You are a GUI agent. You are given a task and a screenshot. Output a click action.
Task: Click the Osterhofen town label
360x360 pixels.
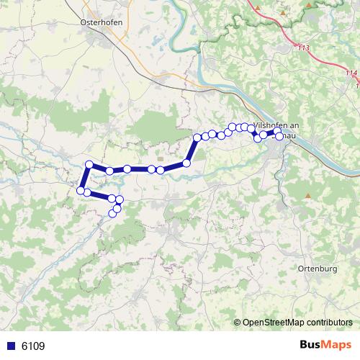pos(101,22)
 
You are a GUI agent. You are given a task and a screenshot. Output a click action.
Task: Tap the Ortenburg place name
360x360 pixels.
pos(317,269)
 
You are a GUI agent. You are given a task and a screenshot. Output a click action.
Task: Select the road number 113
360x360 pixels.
pos(302,48)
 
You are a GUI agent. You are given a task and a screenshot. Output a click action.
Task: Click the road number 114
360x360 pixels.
pos(351,73)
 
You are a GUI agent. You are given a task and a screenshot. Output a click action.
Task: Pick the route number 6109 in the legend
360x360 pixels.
pos(33,346)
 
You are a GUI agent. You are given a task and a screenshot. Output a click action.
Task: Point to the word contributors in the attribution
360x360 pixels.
pos(330,323)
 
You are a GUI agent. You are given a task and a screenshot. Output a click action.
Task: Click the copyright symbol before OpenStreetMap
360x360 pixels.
pos(238,323)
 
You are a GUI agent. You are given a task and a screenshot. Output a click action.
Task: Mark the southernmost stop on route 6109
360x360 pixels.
pos(112,213)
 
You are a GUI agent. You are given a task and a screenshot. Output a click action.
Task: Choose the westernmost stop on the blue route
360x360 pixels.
pos(80,191)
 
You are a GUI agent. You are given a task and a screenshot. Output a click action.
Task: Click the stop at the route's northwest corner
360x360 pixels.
pos(89,165)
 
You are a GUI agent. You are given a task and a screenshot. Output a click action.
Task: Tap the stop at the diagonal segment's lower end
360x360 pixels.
pos(186,163)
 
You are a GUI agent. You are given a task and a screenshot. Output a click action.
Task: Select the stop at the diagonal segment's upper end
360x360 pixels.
pos(197,137)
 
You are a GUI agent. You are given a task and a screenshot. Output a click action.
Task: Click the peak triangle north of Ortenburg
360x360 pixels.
pos(308,196)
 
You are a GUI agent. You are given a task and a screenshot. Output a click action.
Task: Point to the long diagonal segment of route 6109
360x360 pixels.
pos(192,150)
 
